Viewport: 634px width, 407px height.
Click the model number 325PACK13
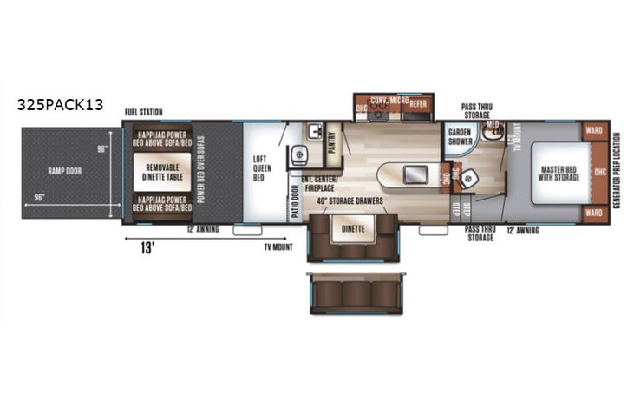click(60, 105)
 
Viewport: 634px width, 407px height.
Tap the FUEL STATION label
click(143, 112)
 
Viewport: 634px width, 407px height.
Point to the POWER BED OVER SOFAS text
click(200, 170)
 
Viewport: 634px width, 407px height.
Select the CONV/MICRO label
click(389, 102)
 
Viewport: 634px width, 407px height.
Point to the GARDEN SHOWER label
click(459, 141)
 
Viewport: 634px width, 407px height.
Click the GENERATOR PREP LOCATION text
click(617, 171)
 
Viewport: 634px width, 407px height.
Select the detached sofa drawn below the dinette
click(355, 292)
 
